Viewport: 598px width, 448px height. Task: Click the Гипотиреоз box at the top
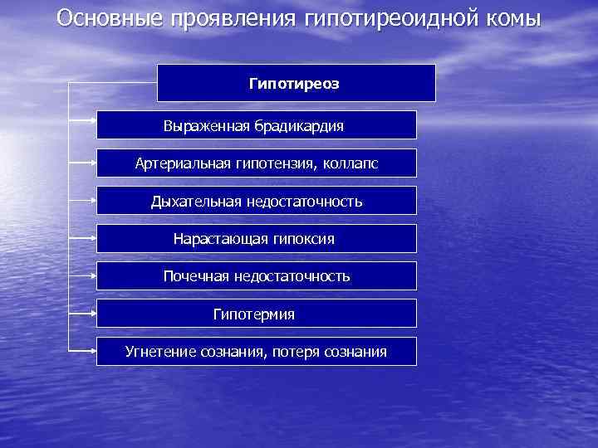296,84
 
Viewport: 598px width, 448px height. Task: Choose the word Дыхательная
196,202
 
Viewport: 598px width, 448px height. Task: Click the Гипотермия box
256,314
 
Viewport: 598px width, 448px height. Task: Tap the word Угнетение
160,352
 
